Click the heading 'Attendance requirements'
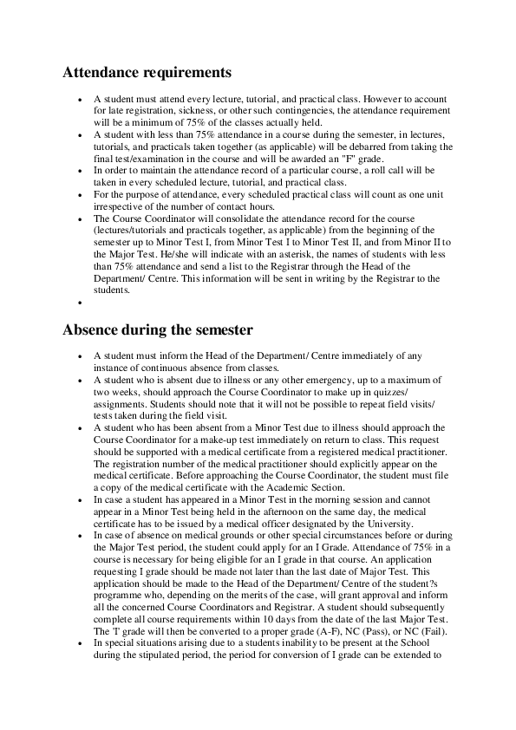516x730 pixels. point(147,72)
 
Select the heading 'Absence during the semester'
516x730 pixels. point(158,329)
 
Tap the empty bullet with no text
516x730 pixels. point(80,303)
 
